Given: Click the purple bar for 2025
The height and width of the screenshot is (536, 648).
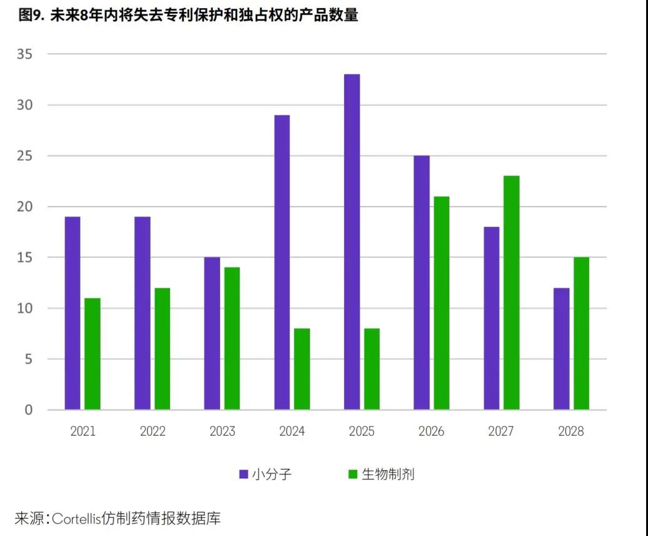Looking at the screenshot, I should (352, 242).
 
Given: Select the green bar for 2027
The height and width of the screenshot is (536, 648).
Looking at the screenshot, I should (511, 292).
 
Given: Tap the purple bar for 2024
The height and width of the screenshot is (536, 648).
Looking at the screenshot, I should (281, 262).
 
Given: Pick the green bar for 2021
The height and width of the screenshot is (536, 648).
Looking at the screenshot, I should (93, 354).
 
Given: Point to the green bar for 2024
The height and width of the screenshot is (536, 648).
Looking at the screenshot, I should (301, 369).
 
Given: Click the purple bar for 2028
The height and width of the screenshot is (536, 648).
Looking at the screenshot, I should (561, 349).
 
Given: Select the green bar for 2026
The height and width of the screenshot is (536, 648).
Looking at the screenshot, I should (441, 303).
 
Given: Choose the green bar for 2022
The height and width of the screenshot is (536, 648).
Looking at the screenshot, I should (162, 349).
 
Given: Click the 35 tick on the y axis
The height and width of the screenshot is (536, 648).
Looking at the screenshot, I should (25, 54).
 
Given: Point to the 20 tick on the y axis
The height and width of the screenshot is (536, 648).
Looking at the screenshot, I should (25, 207).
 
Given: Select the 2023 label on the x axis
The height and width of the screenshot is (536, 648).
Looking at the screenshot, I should (222, 431).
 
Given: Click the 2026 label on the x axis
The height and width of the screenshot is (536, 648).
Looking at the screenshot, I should (431, 431).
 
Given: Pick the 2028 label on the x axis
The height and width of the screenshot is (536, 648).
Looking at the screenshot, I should (570, 431).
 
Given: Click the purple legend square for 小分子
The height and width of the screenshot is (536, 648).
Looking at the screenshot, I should (243, 474).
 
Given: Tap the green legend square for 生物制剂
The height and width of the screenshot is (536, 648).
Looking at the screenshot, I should (353, 474).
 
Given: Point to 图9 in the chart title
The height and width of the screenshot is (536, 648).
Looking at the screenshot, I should (29, 16).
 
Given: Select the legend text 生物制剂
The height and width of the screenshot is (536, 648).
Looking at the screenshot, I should (388, 474).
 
